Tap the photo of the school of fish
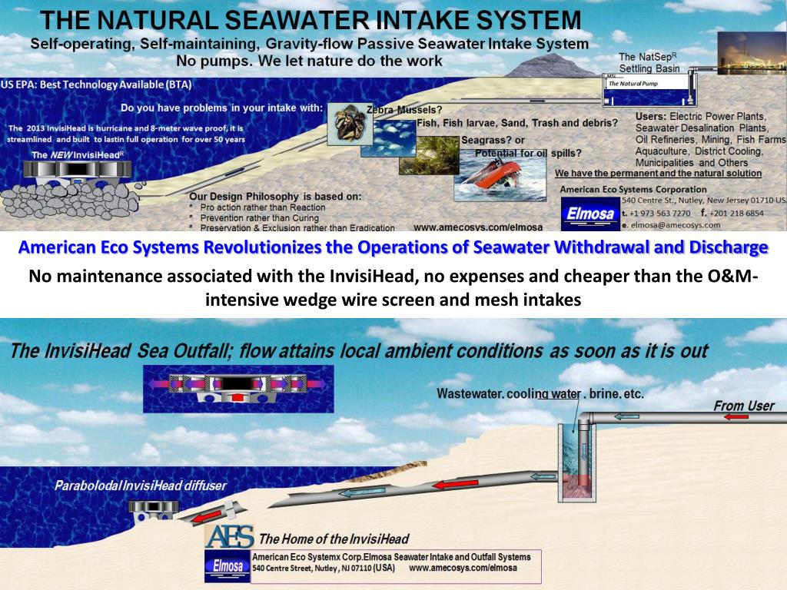388,138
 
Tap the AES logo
229,535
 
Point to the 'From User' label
743,406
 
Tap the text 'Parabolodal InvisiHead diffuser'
140,486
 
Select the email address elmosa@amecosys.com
675,225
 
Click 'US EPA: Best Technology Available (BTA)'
96,85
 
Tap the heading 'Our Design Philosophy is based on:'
274,197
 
